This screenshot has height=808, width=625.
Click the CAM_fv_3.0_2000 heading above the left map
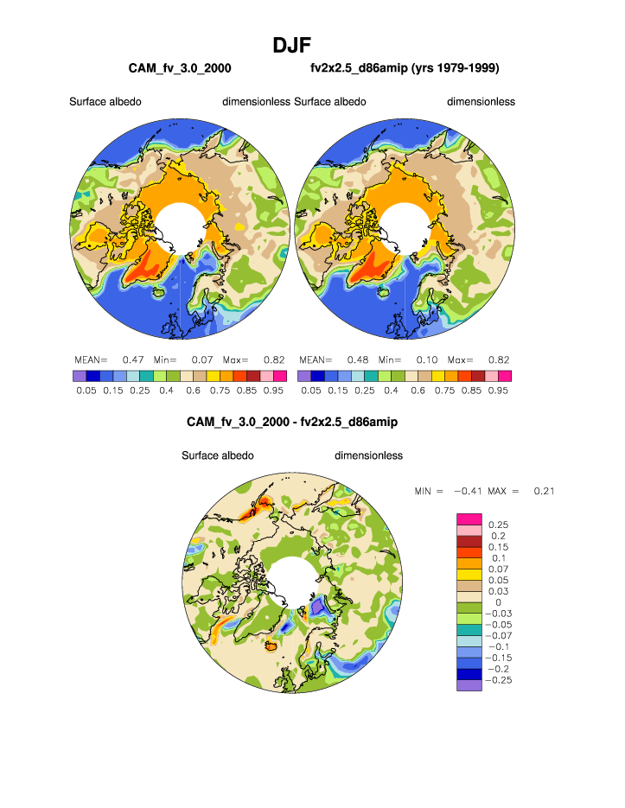point(179,67)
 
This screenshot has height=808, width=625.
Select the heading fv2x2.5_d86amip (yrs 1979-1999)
point(405,67)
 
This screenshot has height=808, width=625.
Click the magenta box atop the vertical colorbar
point(469,517)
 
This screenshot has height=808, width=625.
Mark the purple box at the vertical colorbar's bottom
point(469,685)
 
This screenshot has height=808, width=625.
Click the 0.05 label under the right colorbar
point(310,391)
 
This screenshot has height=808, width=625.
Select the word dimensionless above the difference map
point(368,455)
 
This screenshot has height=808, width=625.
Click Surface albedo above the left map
point(105,102)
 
